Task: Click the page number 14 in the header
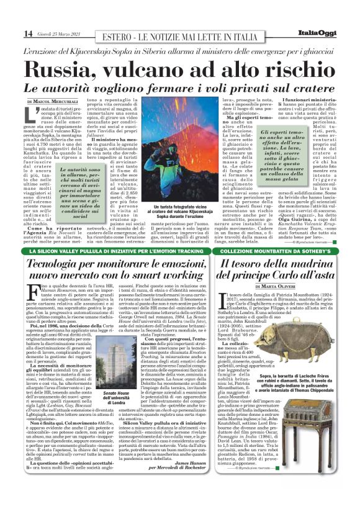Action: tap(12, 33)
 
